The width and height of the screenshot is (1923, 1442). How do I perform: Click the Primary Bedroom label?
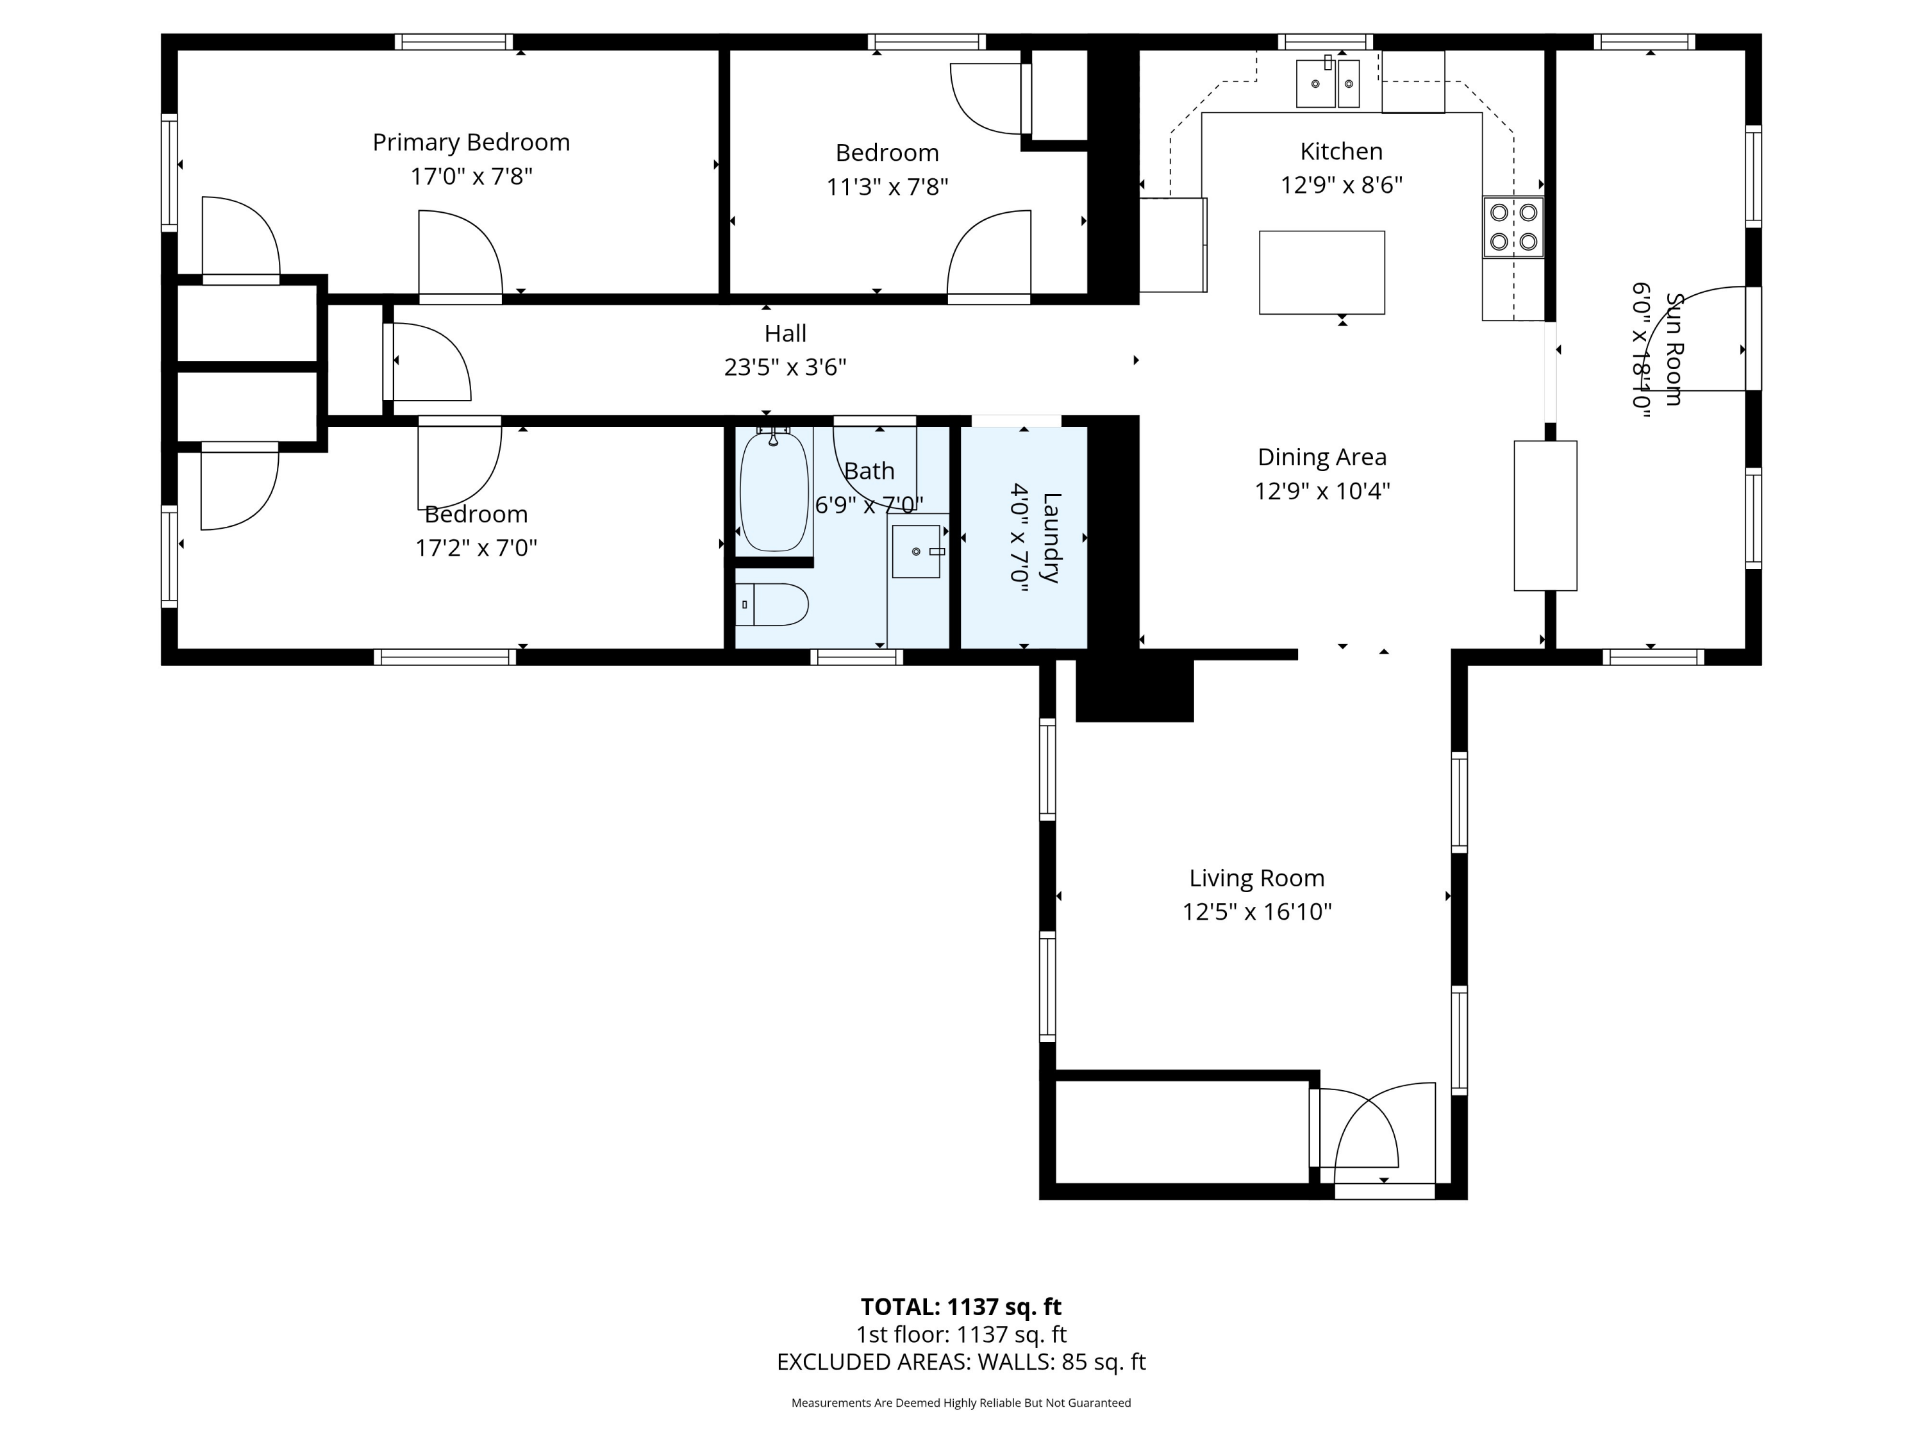[471, 142]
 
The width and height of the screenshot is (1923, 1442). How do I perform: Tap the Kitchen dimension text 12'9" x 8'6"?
[1342, 185]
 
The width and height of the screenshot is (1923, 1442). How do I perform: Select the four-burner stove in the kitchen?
[1513, 227]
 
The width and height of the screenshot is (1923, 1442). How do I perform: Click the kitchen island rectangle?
[1321, 272]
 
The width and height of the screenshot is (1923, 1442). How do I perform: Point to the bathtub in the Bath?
[774, 490]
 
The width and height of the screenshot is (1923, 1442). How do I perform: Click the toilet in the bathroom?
[772, 604]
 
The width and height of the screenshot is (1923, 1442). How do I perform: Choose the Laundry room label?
[1051, 537]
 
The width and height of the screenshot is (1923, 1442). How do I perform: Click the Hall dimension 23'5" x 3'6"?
[785, 368]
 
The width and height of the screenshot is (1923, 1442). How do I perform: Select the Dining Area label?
[1322, 457]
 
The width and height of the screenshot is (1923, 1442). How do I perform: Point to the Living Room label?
[1257, 878]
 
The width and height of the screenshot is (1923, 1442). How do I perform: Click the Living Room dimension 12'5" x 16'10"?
[1257, 912]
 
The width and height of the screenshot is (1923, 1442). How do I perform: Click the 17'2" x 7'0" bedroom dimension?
[476, 547]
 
